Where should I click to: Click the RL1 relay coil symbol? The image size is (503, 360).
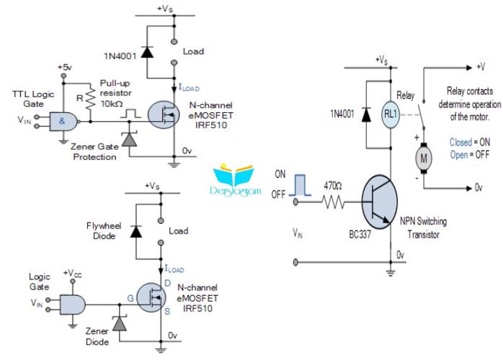391,114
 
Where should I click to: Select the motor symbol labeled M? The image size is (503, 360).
424,158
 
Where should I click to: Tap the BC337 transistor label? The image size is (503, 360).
360,234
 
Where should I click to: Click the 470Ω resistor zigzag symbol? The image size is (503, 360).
333,202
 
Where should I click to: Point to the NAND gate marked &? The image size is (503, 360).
63,122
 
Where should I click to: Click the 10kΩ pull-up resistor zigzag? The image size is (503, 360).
91,99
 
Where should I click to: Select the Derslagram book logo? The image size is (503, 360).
235,181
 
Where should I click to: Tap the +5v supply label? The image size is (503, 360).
65,67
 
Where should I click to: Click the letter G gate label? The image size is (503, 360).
130,298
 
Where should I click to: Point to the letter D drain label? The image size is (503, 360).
167,283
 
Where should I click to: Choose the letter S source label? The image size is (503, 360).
167,311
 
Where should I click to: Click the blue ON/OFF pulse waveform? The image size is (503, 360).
300,185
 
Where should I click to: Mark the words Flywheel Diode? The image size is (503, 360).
104,231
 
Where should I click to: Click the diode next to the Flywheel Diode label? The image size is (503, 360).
136,231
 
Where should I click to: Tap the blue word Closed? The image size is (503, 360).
460,142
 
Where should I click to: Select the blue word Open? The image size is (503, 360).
459,155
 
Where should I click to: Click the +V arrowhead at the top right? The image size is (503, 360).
469,67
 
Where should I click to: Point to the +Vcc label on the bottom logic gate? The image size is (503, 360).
73,274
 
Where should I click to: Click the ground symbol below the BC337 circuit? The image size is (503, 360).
391,273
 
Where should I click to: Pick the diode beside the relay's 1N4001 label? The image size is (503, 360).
366,114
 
